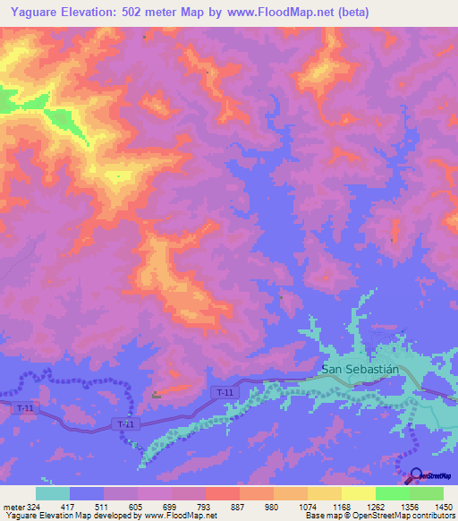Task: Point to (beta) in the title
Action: point(349,13)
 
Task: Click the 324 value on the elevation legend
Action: point(34,508)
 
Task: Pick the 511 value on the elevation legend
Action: point(104,508)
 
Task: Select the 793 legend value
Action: point(207,508)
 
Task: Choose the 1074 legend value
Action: point(309,508)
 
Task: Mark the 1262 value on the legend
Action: point(377,508)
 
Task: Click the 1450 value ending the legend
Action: point(444,508)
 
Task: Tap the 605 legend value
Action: point(138,508)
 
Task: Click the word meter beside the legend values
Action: point(13,508)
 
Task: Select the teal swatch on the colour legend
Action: point(53,493)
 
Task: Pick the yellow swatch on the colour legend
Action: point(359,493)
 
